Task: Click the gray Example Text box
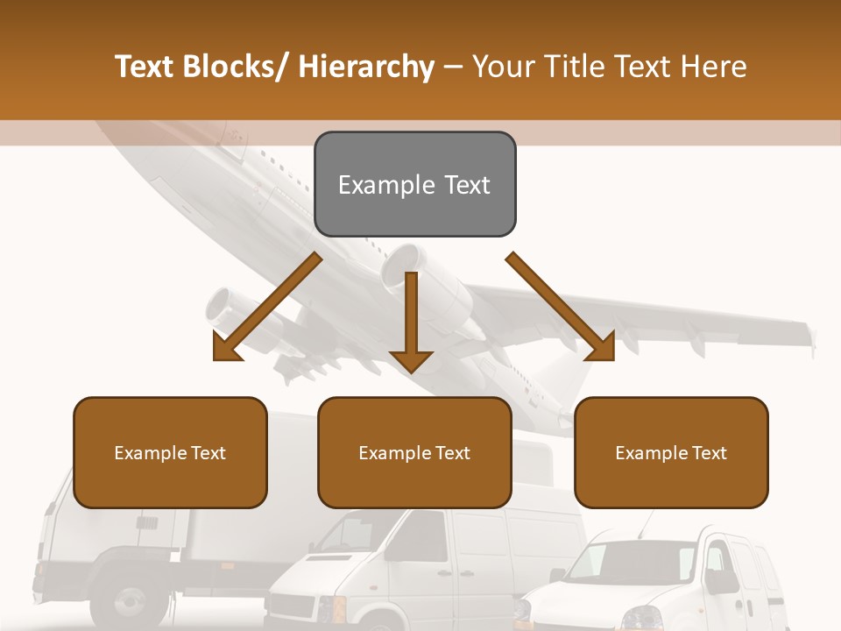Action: click(x=414, y=184)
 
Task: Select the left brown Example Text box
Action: click(x=170, y=452)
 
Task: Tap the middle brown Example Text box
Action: click(x=414, y=452)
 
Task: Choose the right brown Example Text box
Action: click(x=671, y=452)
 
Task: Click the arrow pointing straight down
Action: click(x=411, y=324)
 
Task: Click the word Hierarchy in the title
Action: click(x=366, y=67)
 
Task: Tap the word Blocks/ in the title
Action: click(x=235, y=67)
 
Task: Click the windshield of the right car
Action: click(x=626, y=561)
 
